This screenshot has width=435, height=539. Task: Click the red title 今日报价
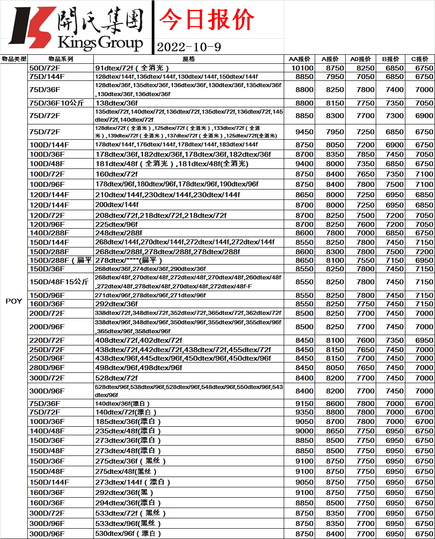click(207, 19)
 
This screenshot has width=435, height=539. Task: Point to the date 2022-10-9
click(189, 47)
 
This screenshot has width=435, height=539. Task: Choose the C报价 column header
click(420, 59)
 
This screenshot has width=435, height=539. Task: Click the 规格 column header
click(189, 59)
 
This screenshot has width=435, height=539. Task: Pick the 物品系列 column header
click(61, 59)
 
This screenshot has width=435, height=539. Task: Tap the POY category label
click(14, 301)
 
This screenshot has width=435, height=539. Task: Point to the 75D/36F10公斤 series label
click(57, 103)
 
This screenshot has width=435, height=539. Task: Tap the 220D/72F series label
click(47, 340)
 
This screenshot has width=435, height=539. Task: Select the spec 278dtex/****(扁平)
click(128, 260)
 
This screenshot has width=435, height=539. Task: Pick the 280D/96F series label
click(47, 367)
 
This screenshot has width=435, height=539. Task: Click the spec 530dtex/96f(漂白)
click(128, 534)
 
